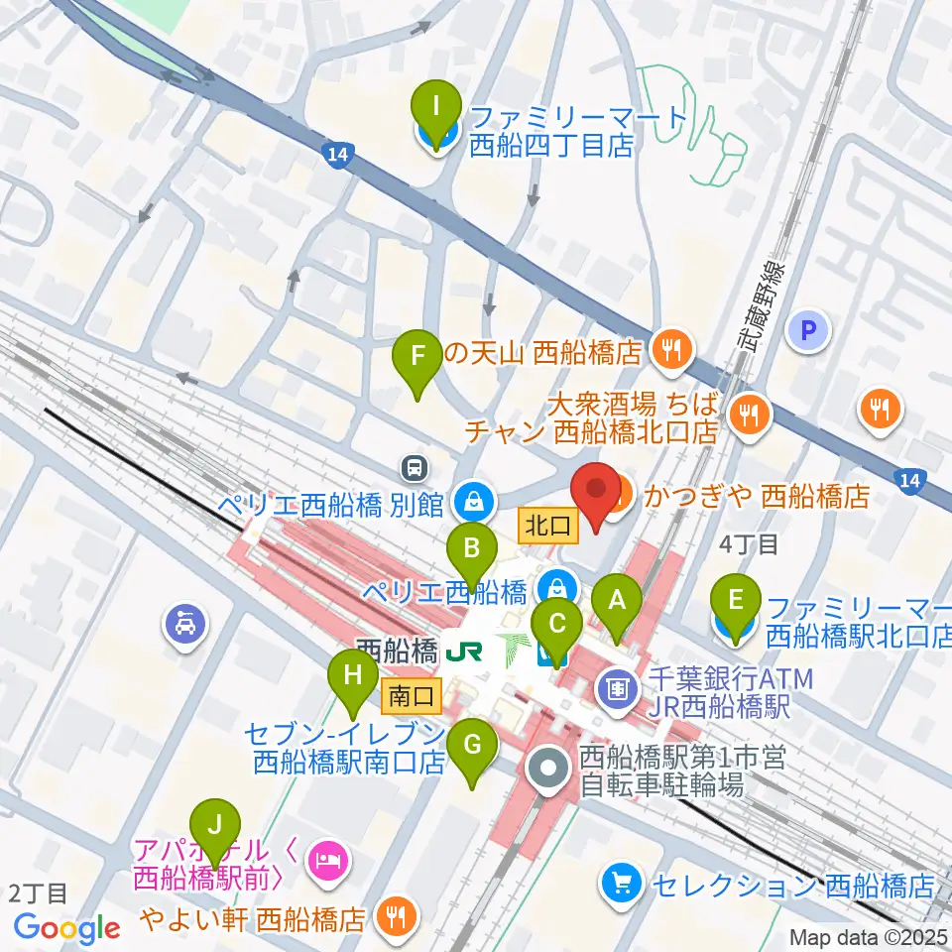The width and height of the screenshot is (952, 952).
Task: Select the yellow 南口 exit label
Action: click(411, 697)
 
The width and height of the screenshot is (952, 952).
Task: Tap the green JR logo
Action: click(464, 652)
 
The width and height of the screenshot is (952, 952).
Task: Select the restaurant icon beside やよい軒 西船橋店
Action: click(397, 917)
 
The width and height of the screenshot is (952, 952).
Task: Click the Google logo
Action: click(67, 928)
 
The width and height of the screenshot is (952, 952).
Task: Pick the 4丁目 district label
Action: click(749, 543)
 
